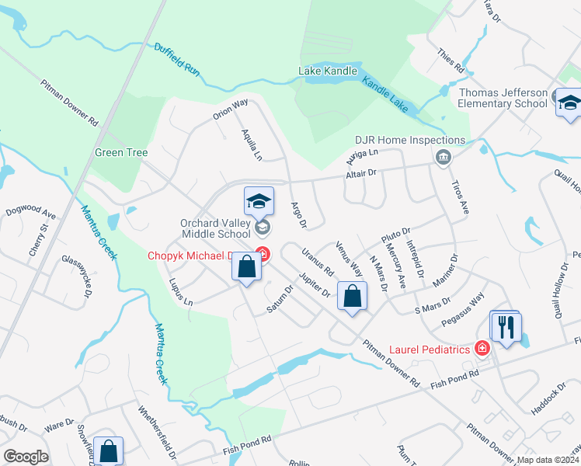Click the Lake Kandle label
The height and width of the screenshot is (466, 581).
tap(328, 71)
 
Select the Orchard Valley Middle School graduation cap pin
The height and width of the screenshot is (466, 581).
tap(259, 200)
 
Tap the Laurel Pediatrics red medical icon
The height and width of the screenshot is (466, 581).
tap(483, 349)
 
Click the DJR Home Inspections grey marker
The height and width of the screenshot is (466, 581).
tap(443, 158)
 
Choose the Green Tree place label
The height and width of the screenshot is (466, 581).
tap(121, 152)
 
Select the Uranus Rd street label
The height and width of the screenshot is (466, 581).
tap(318, 262)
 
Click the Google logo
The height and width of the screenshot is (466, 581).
tap(26, 456)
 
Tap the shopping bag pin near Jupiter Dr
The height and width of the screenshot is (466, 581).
tap(353, 296)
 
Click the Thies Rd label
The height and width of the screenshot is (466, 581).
tap(450, 59)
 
